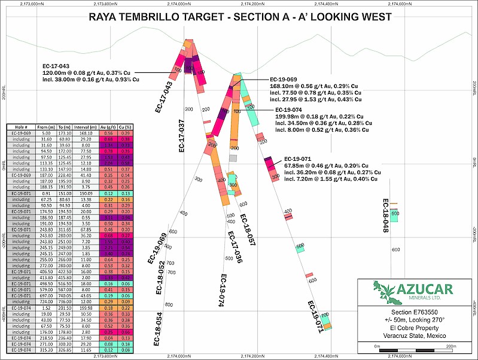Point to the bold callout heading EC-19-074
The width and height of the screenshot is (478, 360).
[289, 109]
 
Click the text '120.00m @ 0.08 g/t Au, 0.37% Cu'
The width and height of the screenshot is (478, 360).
[91, 72]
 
